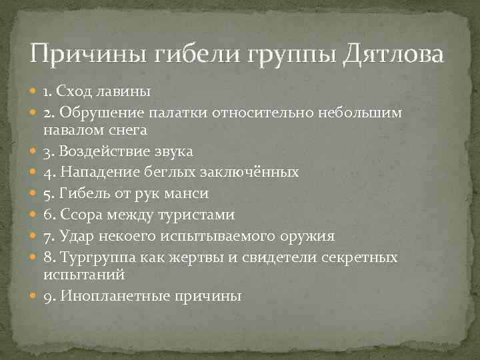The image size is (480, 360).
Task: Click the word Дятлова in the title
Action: click(392, 53)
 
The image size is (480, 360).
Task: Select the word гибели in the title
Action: click(199, 53)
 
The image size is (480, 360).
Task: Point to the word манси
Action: click(190, 193)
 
